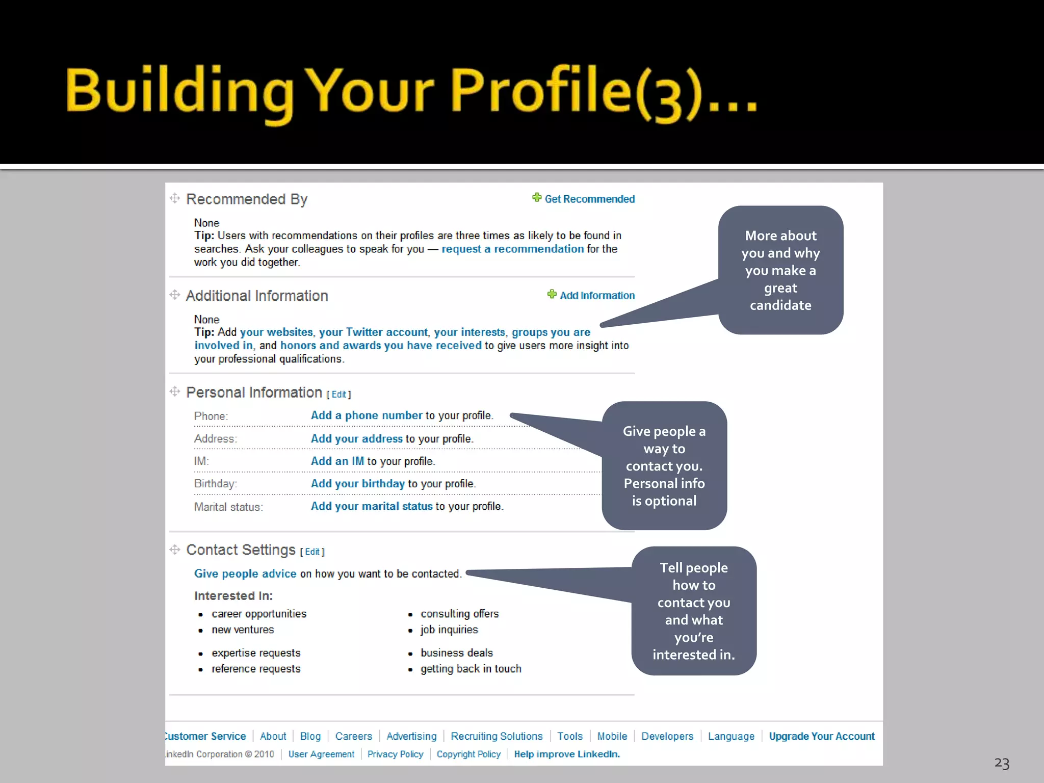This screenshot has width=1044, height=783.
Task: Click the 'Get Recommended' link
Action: pyautogui.click(x=589, y=199)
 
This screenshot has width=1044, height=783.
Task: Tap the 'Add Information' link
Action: pyautogui.click(x=597, y=296)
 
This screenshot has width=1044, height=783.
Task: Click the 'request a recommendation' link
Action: pyautogui.click(x=512, y=249)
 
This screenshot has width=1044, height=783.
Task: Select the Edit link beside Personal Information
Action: pyautogui.click(x=339, y=395)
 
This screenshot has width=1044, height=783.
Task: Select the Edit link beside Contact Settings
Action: pyautogui.click(x=312, y=552)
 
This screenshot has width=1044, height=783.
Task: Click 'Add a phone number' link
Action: pyautogui.click(x=367, y=415)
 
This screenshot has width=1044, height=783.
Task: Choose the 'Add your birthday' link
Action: pyautogui.click(x=358, y=484)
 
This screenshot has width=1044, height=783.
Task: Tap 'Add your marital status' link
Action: pyautogui.click(x=372, y=506)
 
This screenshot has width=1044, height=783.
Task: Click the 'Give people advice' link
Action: pyautogui.click(x=245, y=574)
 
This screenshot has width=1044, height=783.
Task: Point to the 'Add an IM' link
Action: pyautogui.click(x=337, y=461)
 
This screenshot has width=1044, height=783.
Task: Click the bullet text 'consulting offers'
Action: pyautogui.click(x=459, y=614)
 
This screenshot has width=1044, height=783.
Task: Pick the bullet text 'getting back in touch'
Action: pyautogui.click(x=471, y=669)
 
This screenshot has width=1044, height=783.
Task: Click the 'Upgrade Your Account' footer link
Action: pyautogui.click(x=821, y=736)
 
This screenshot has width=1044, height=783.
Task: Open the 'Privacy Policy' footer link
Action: pyautogui.click(x=395, y=754)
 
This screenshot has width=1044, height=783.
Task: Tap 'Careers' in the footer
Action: pyautogui.click(x=353, y=736)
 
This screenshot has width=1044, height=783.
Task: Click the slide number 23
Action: pyautogui.click(x=1001, y=763)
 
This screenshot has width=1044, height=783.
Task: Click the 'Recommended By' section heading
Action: pyautogui.click(x=247, y=199)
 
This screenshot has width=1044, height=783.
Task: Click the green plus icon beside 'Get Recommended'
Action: pyautogui.click(x=537, y=198)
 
